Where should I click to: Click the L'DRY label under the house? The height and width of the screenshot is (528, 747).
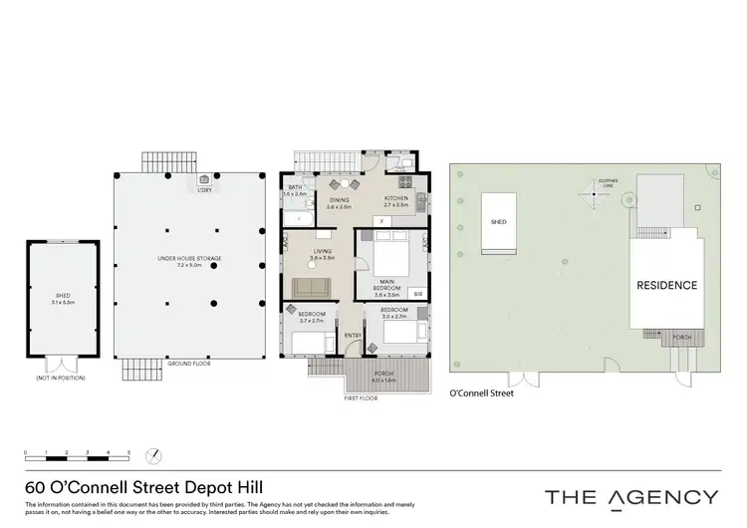click(203, 189)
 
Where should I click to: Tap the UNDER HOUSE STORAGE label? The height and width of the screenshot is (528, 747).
click(188, 261)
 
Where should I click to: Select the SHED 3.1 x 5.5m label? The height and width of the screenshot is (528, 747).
click(62, 301)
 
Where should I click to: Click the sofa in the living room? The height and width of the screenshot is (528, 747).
click(311, 288)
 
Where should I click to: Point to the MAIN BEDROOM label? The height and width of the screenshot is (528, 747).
click(386, 288)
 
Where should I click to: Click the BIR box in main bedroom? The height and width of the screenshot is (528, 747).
click(417, 294)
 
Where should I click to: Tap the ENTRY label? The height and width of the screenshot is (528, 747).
click(353, 335)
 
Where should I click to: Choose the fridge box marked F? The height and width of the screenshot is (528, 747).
click(382, 219)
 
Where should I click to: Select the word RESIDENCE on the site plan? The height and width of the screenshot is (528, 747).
click(667, 285)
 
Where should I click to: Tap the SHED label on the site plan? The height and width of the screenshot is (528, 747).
click(499, 223)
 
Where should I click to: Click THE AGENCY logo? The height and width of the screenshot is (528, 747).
click(630, 497)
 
